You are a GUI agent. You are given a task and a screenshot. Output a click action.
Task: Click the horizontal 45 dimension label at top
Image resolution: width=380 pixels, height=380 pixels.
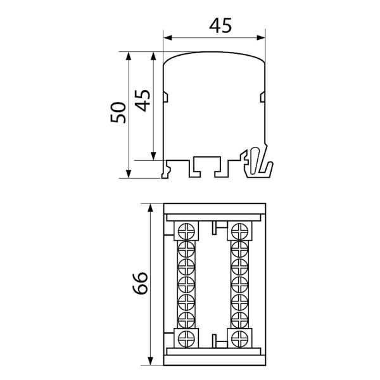220,25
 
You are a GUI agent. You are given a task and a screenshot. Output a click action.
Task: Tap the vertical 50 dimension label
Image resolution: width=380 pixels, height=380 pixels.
118,113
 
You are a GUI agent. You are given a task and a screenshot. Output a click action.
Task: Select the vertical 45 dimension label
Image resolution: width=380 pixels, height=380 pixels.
142,101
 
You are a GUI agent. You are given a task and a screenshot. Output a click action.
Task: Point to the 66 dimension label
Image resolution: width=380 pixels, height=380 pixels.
140,283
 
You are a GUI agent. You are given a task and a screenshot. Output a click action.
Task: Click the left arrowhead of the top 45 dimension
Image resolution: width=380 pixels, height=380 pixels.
168,38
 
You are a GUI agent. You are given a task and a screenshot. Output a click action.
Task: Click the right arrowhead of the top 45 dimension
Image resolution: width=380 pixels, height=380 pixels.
261,38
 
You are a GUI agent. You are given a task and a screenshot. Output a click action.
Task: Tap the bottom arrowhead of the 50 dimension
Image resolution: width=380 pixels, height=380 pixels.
129,174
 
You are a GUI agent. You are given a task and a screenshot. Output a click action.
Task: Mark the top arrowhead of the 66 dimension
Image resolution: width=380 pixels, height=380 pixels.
151,208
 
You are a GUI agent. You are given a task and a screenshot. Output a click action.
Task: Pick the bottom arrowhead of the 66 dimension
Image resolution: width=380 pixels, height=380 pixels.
151,360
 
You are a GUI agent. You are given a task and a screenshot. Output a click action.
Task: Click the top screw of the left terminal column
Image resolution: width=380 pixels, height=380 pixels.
186,231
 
